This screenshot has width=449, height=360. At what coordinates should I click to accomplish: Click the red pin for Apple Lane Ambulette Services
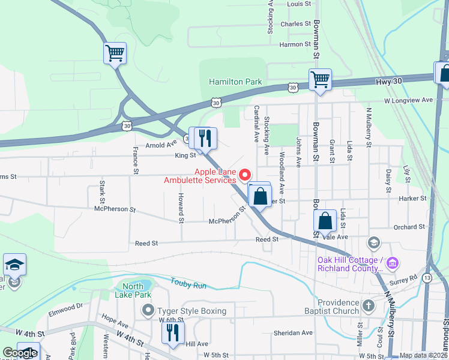tap(245, 175)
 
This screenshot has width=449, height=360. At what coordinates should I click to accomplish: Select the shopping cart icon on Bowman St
tap(320, 79)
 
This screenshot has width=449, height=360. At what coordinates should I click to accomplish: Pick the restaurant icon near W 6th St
tap(173, 332)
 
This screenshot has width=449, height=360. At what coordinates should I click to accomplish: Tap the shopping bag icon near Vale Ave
tap(325, 220)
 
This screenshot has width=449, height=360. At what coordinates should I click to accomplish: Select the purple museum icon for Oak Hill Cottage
tap(393, 263)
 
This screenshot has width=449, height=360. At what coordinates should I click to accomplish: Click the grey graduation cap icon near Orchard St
tap(373, 242)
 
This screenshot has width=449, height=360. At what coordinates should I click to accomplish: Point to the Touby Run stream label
tap(188, 283)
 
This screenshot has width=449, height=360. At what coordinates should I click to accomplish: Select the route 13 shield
tap(426, 278)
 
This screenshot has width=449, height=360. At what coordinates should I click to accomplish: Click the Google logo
tap(20, 353)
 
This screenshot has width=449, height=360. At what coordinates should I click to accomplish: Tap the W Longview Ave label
tap(408, 100)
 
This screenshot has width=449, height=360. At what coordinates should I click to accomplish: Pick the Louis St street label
tap(298, 4)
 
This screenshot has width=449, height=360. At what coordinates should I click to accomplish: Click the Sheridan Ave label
tap(294, 332)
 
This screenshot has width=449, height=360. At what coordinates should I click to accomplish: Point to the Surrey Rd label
tap(405, 279)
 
